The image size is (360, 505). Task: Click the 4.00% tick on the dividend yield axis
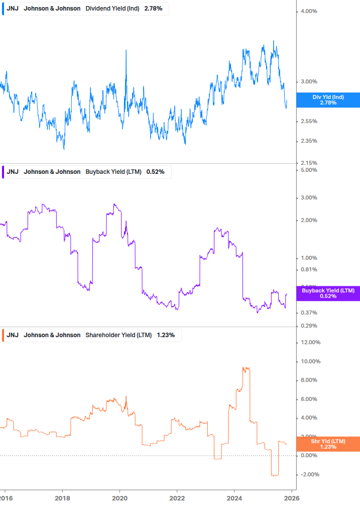(x=309, y=11)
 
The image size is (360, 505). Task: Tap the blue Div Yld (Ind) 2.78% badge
(x=328, y=100)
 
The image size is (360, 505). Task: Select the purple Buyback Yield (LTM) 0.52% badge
(x=328, y=293)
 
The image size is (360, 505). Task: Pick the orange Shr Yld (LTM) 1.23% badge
(x=328, y=444)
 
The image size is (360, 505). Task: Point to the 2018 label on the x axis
(x=62, y=498)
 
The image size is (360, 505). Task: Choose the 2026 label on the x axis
(x=292, y=498)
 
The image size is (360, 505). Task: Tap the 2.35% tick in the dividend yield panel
(x=309, y=141)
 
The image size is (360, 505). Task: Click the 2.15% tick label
(x=309, y=163)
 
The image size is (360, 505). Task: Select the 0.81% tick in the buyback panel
(x=309, y=270)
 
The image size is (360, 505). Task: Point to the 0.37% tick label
(x=309, y=313)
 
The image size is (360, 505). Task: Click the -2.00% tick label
(x=310, y=475)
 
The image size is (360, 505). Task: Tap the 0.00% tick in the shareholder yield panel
(x=309, y=456)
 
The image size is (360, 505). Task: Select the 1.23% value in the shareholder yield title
(x=166, y=335)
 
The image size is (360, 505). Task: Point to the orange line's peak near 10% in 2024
(x=246, y=368)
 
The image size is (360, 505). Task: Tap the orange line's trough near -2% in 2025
(x=274, y=475)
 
